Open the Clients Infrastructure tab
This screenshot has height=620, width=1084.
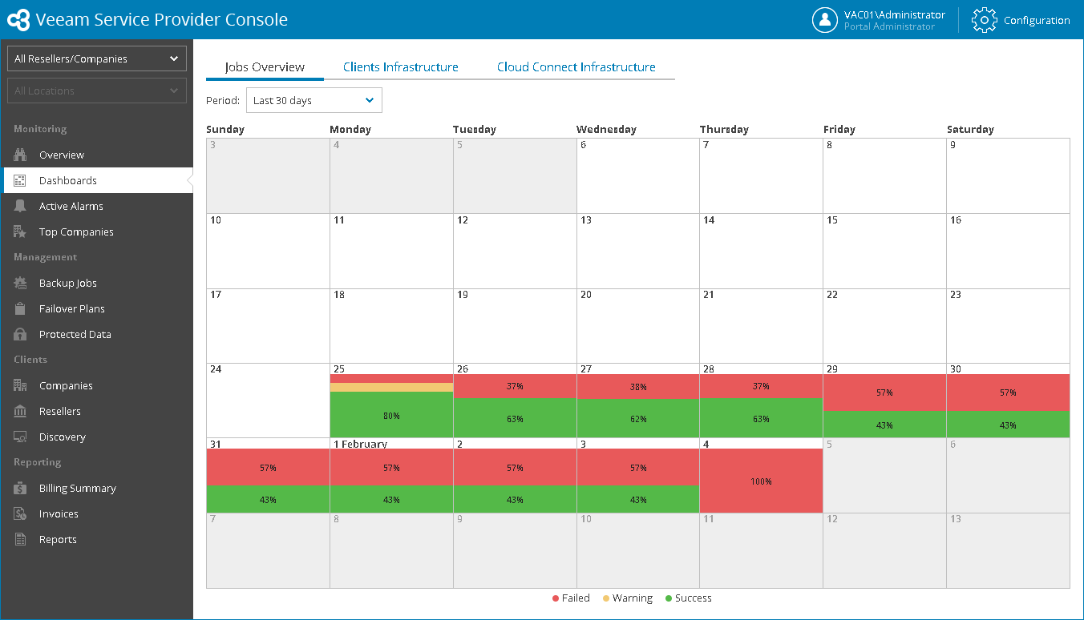tap(400, 67)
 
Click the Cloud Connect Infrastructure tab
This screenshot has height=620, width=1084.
tap(576, 67)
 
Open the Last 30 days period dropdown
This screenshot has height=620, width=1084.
tap(313, 101)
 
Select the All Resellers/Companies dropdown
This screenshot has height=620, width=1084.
tap(96, 58)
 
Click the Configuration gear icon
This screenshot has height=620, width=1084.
tap(984, 20)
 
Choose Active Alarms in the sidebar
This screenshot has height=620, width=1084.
tap(71, 206)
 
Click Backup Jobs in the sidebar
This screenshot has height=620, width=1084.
tap(67, 283)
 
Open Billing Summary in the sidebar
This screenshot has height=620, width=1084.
tap(77, 488)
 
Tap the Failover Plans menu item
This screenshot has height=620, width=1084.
tap(71, 308)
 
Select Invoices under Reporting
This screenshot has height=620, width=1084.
tap(59, 513)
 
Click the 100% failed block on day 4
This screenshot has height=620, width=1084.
tap(761, 481)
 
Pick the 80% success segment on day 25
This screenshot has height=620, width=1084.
tap(391, 415)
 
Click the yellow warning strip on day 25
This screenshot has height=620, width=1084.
tap(391, 387)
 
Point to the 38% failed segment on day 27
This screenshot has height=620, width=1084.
tap(637, 386)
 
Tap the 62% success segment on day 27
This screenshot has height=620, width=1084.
tap(637, 418)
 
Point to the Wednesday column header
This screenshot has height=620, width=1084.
tap(606, 129)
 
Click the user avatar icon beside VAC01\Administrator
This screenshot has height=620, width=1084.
tap(824, 20)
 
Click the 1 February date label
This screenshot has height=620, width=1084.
tap(360, 444)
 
